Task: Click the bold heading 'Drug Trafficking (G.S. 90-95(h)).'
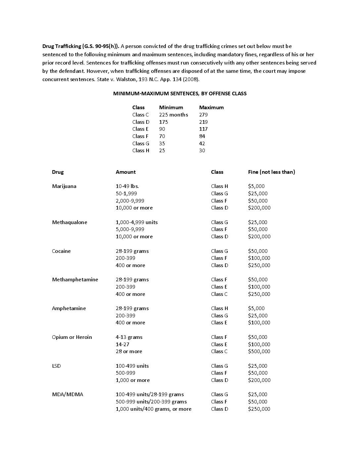pyautogui.click(x=81, y=46)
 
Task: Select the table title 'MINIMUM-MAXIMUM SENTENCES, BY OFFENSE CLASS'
pyautogui.click(x=180, y=93)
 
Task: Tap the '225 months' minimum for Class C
pyautogui.click(x=173, y=115)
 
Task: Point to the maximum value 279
pyautogui.click(x=203, y=115)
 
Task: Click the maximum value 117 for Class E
pyautogui.click(x=203, y=129)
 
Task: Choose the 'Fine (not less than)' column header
pyautogui.click(x=271, y=172)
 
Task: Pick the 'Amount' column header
pyautogui.click(x=125, y=172)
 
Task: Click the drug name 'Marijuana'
pyautogui.click(x=64, y=186)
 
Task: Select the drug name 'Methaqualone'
pyautogui.click(x=69, y=222)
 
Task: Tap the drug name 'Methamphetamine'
pyautogui.click(x=75, y=279)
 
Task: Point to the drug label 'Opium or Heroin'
pyautogui.click(x=72, y=337)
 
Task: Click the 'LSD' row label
pyautogui.click(x=56, y=366)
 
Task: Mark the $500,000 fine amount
pyautogui.click(x=259, y=351)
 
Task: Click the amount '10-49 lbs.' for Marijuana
pyautogui.click(x=127, y=186)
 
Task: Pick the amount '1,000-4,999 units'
pyautogui.click(x=137, y=222)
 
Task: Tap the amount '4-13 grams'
pyautogui.click(x=129, y=337)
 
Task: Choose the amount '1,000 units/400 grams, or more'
pyautogui.click(x=154, y=409)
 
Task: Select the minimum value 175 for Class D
pyautogui.click(x=163, y=122)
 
